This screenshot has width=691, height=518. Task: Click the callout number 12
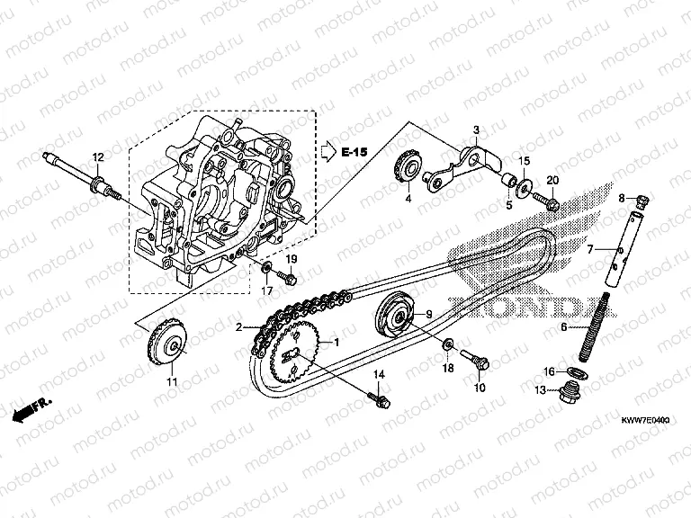98,157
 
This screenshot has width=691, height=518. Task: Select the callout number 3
477,130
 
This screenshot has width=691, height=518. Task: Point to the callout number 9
428,314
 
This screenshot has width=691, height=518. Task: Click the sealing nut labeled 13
569,392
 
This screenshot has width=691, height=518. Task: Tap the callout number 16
548,371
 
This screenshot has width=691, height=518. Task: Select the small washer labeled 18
448,344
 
